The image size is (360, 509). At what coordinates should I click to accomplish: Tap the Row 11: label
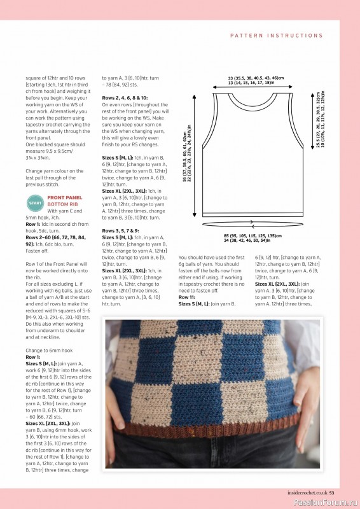click(188, 297)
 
